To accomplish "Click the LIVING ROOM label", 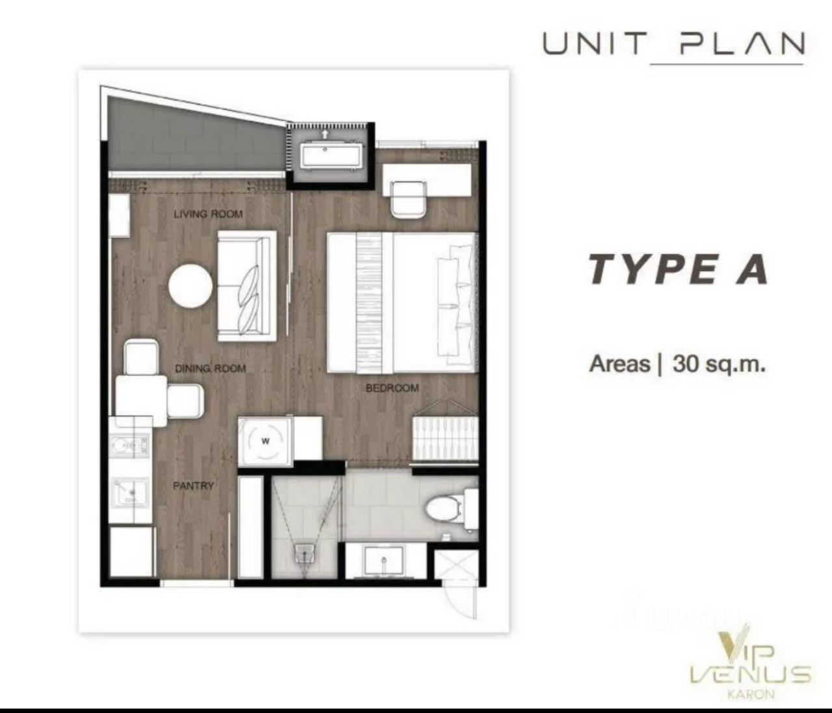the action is point(208,214).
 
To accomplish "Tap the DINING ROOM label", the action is point(210,368).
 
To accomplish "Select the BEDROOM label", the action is point(392,388).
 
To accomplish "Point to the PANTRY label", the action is point(193,486).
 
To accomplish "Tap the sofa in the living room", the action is point(247,286).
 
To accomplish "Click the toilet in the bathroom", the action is point(451,510).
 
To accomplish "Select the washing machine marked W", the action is point(265,441).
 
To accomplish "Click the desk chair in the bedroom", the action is point(408,200).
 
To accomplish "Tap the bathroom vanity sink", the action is point(383,560).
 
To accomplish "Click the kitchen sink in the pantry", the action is point(130,492).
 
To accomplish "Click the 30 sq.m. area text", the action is point(718,364).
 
